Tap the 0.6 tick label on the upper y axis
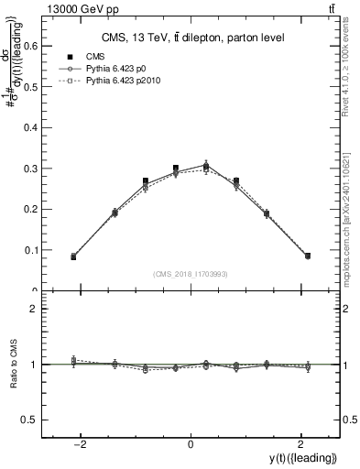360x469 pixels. pyautogui.click(x=31, y=48)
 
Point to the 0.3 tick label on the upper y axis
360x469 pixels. pyautogui.click(x=31, y=169)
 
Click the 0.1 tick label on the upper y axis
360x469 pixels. pyautogui.click(x=31, y=250)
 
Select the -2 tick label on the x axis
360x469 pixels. pyautogui.click(x=82, y=444)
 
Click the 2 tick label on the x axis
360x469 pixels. pyautogui.click(x=299, y=444)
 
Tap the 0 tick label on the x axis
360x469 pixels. pyautogui.click(x=191, y=444)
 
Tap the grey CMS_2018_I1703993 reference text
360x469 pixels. pyautogui.click(x=191, y=274)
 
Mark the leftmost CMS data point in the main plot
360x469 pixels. pyautogui.click(x=73, y=257)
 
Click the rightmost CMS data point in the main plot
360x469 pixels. pyautogui.click(x=308, y=256)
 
